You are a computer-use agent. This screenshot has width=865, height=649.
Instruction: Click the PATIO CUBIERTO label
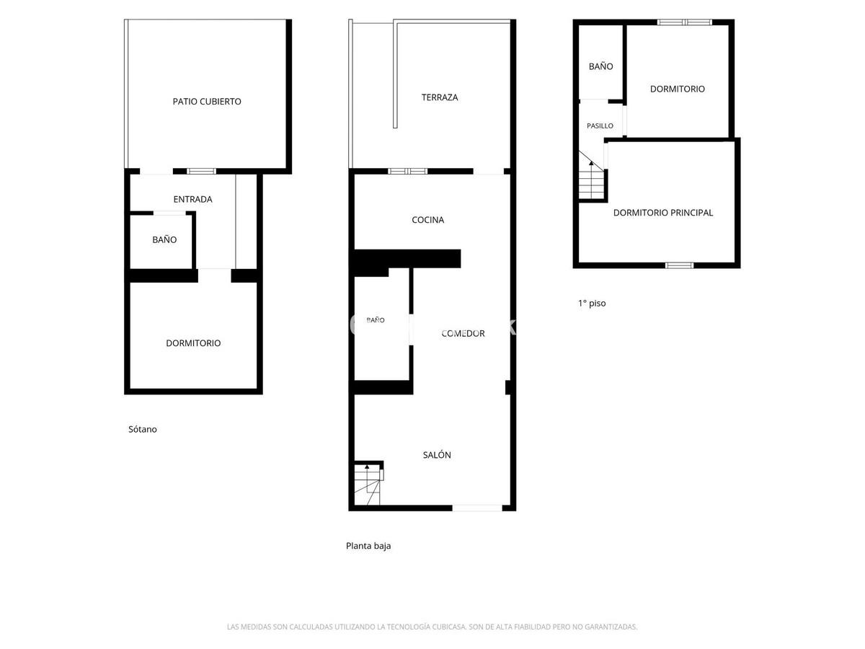pos(206,101)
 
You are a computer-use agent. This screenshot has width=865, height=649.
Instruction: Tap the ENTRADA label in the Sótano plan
pos(192,199)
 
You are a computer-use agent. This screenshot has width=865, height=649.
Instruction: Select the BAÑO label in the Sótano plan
pos(164,239)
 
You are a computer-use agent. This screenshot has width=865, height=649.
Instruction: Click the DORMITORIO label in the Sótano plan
pos(193,343)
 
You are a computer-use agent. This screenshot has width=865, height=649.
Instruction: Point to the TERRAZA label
pos(440,97)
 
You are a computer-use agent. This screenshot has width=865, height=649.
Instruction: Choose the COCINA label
pos(427,219)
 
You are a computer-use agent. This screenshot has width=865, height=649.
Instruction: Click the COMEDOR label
pos(463,333)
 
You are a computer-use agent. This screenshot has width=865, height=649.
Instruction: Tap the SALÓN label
pos(437,455)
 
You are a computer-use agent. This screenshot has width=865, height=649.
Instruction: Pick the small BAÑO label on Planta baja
pos(375,319)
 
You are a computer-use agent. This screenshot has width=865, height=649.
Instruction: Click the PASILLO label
pos(600,125)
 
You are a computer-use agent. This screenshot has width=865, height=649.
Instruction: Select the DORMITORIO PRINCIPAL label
pos(663,213)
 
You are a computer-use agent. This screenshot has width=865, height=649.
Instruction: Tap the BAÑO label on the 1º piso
pos(600,66)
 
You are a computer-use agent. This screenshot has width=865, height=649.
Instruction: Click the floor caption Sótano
pos(142,429)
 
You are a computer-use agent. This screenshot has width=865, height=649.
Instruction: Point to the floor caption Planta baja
pos(368,546)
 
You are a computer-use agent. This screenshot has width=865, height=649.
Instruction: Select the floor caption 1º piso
pos(592,303)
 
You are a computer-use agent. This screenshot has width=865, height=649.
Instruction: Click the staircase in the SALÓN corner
pos(368,485)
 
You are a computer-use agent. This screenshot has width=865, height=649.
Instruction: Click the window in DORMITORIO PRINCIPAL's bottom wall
pos(679,265)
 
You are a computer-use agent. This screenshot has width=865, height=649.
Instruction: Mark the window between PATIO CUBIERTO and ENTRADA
pos(201,171)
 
